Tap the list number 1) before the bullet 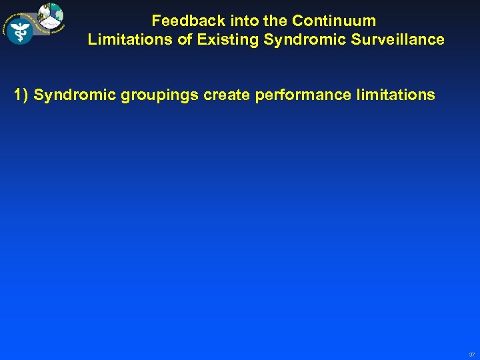(x=21, y=95)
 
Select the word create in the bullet (x=227, y=95)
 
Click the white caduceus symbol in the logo (x=20, y=30)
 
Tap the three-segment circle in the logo (x=51, y=18)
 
